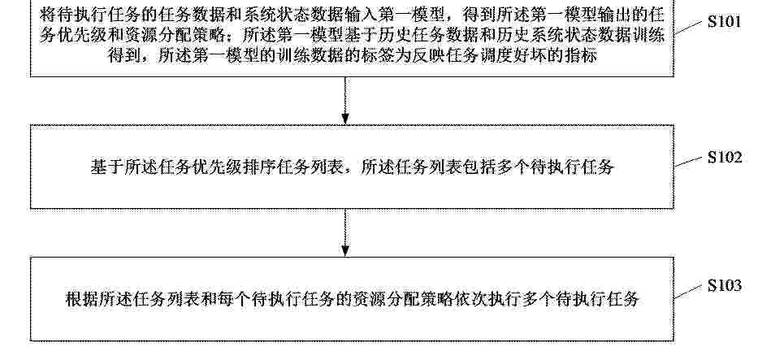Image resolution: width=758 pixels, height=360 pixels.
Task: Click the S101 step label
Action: pyautogui.click(x=724, y=22)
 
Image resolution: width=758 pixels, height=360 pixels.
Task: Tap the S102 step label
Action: pyautogui.click(x=725, y=158)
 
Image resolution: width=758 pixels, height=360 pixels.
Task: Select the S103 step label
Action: pyautogui.click(x=725, y=285)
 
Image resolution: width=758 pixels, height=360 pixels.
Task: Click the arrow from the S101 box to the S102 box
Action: pyautogui.click(x=345, y=101)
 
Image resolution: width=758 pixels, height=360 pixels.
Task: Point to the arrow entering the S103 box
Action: pyautogui.click(x=345, y=232)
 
